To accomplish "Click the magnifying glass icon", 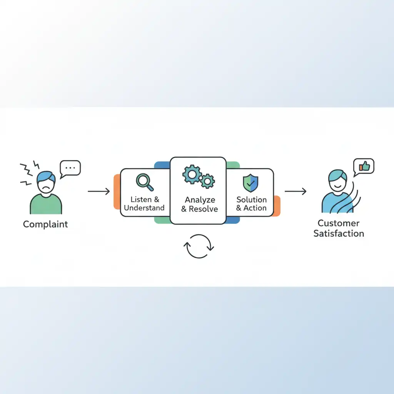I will (x=144, y=182).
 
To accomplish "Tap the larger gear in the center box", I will (x=191, y=175).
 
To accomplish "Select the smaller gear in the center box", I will (x=208, y=180).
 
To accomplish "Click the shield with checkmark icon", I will (x=250, y=183).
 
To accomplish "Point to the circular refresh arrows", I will (x=199, y=246).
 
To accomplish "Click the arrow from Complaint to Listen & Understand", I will (x=99, y=191).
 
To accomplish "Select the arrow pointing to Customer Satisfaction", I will (x=295, y=191).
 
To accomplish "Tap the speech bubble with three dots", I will (x=70, y=168).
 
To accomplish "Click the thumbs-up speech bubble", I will (x=364, y=166).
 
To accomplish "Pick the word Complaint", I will (x=45, y=224).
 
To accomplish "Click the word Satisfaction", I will (x=339, y=234).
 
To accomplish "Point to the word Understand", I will (x=144, y=208).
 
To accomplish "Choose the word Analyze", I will (x=200, y=200).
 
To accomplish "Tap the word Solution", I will (x=251, y=199).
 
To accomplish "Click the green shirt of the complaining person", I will (x=46, y=204).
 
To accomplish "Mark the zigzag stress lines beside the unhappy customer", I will (x=28, y=172).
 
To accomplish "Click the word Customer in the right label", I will (x=339, y=223).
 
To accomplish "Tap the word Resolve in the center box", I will (x=204, y=209).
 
